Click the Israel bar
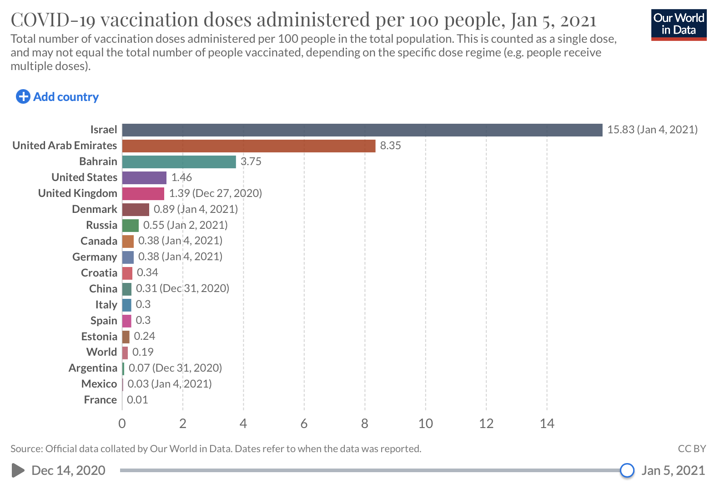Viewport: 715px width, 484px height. (362, 130)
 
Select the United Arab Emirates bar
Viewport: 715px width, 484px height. (249, 146)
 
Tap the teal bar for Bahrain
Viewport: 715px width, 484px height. (179, 162)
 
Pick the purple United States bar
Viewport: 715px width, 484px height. (144, 178)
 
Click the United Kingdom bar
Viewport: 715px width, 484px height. (143, 194)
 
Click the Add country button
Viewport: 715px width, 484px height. (57, 97)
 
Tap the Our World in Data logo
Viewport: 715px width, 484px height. (679, 25)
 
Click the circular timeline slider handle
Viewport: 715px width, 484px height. (627, 470)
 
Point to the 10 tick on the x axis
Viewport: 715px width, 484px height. (425, 424)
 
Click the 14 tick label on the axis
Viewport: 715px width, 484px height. (547, 424)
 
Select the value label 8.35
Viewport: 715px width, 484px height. (390, 146)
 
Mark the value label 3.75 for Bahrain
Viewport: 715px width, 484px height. (251, 161)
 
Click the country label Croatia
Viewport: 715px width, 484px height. (99, 273)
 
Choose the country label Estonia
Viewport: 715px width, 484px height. (99, 337)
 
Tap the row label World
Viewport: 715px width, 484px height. (102, 352)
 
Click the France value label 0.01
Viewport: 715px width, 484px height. (137, 400)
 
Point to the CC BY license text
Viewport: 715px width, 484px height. (691, 449)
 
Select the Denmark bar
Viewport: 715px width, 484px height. (136, 210)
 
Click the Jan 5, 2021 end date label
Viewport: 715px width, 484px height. (673, 470)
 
